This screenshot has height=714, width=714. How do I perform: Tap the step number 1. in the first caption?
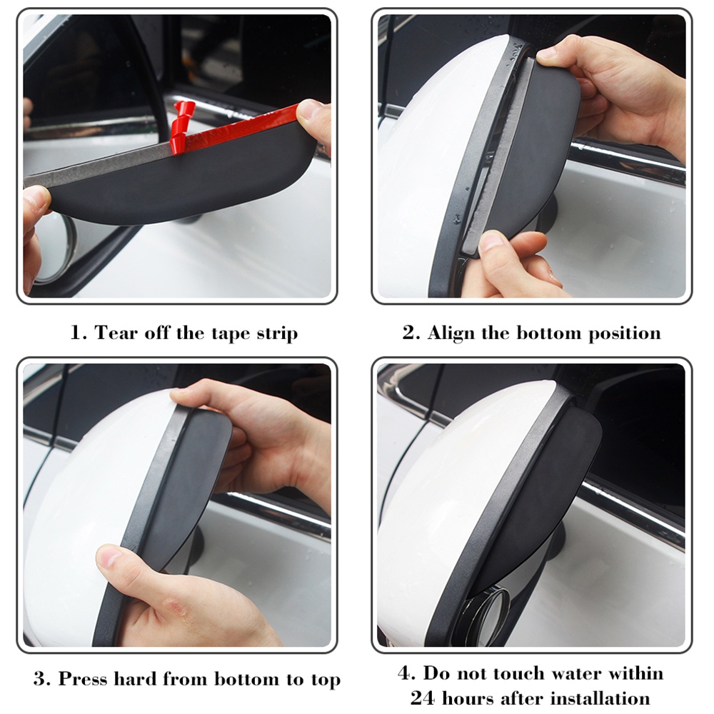[x=78, y=333]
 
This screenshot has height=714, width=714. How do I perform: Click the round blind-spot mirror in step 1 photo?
[x=57, y=246]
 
